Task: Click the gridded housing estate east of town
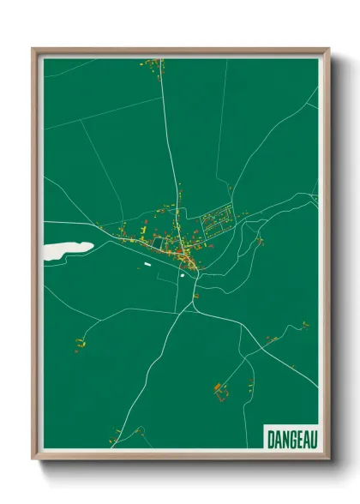pyautogui.click(x=216, y=222)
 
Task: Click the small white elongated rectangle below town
pyautogui.click(x=147, y=266)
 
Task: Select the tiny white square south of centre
pyautogui.click(x=183, y=276)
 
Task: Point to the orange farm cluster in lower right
pyautogui.click(x=220, y=390)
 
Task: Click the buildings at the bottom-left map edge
pyautogui.click(x=112, y=442)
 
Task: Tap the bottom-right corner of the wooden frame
pyautogui.click(x=328, y=458)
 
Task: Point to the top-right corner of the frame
pyautogui.click(x=328, y=50)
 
